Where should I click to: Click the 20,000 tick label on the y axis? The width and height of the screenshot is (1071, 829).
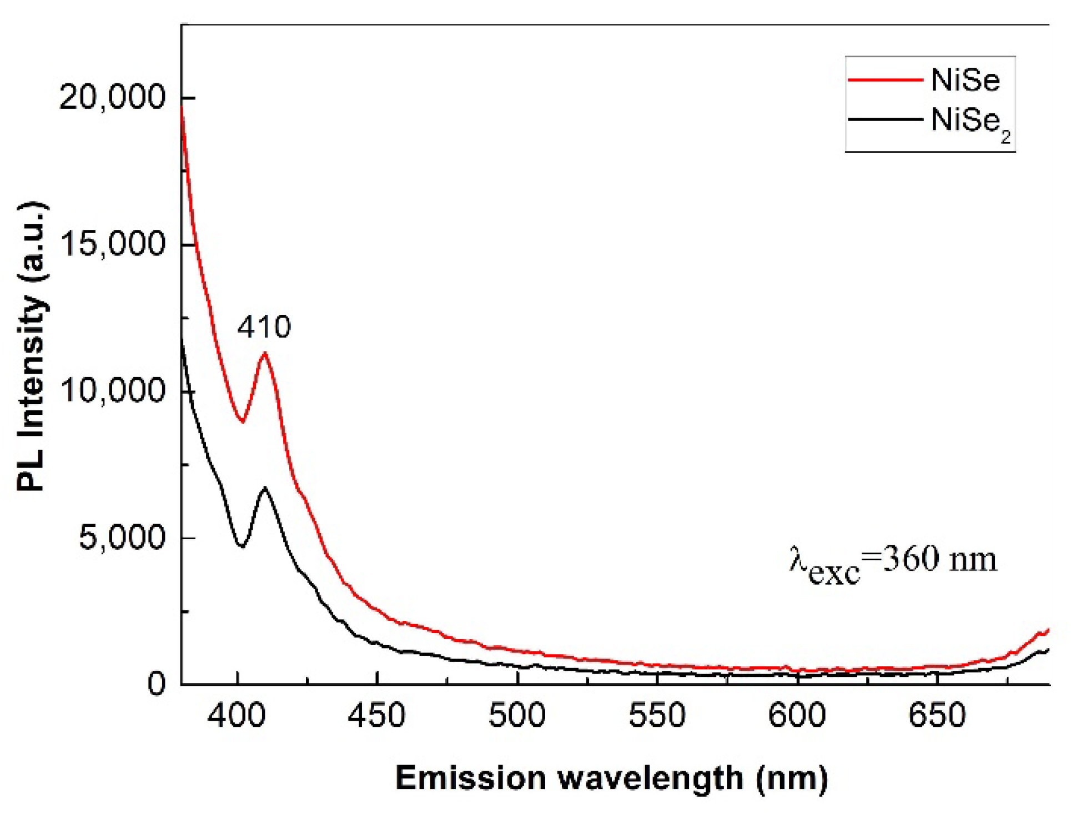(112, 98)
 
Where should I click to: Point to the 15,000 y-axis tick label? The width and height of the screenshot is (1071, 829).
(112, 244)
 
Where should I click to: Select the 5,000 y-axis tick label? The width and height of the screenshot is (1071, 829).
(122, 537)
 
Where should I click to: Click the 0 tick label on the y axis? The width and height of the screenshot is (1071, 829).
(157, 684)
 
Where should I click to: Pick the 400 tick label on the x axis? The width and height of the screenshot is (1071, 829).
(237, 716)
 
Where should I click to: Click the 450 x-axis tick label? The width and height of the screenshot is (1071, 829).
(377, 716)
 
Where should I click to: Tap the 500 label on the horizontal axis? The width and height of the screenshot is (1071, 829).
(517, 716)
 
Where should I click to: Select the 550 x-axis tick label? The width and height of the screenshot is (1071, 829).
(657, 716)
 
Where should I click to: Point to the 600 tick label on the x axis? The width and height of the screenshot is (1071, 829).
(797, 716)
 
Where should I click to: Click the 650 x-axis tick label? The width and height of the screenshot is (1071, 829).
(937, 716)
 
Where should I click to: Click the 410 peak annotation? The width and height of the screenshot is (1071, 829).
(264, 327)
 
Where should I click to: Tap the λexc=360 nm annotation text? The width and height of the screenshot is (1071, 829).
(893, 562)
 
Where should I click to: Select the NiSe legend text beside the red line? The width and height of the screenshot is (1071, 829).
(965, 80)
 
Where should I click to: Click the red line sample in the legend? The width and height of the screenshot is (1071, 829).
(885, 80)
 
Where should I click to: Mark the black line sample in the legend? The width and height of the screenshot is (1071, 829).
(885, 119)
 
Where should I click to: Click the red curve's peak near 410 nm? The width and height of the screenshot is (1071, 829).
(265, 353)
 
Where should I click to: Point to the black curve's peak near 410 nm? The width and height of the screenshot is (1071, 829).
(265, 488)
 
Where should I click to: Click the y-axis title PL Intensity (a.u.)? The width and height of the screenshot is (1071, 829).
(32, 347)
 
